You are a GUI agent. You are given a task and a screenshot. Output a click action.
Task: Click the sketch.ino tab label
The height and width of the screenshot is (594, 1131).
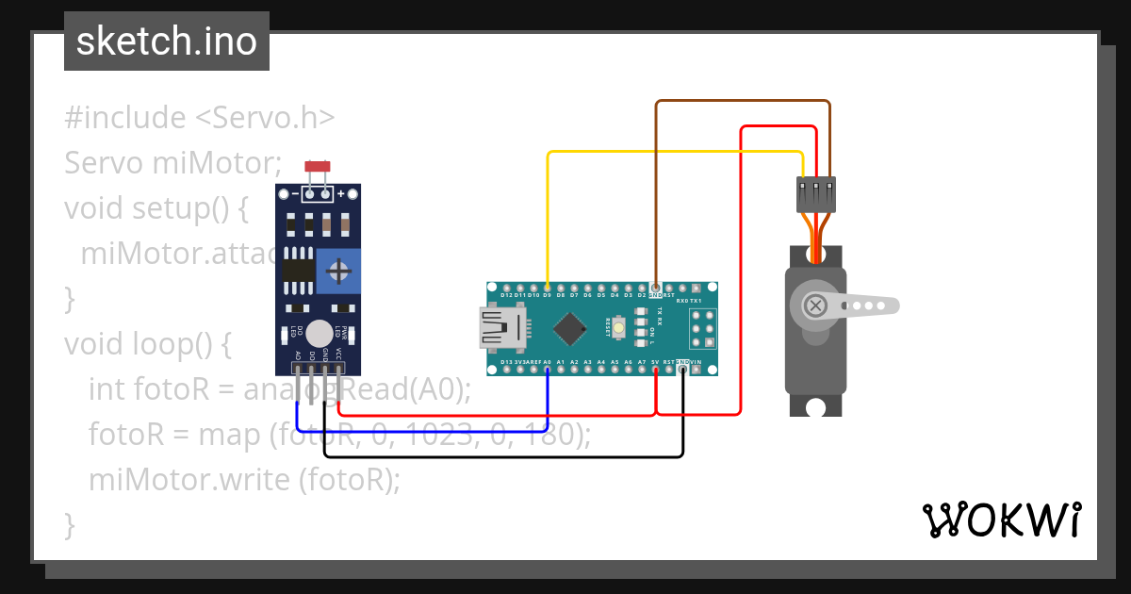[x=167, y=41]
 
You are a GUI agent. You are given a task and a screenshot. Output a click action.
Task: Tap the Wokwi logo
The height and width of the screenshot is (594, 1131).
[x=1001, y=520]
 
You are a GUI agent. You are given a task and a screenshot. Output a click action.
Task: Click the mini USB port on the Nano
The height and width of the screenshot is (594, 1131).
[x=500, y=328]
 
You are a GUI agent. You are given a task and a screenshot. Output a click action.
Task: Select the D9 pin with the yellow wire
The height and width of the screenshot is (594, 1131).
[x=548, y=288]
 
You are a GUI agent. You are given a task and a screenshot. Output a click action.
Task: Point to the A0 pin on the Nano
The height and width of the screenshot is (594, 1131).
[x=548, y=370]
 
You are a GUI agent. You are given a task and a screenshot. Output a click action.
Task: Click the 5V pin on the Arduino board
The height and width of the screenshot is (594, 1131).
[x=656, y=370]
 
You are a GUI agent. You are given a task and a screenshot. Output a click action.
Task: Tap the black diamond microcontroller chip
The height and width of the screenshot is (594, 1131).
[x=569, y=328]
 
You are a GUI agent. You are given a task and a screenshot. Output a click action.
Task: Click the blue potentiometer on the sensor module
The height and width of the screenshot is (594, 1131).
[x=338, y=273]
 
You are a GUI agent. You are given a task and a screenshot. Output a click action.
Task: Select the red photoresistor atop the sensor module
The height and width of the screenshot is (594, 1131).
[x=318, y=167]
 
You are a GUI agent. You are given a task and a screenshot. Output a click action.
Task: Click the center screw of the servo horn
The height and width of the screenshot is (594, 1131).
[x=815, y=305]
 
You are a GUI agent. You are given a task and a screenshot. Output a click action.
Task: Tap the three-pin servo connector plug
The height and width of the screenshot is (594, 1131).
[x=815, y=194]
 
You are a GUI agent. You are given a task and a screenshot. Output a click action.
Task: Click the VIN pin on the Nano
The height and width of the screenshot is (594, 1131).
[x=696, y=370]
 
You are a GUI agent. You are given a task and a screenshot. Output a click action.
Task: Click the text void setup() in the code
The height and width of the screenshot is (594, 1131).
[x=156, y=207]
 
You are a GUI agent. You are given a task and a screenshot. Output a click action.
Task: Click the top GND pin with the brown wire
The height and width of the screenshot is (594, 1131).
[x=656, y=288]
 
